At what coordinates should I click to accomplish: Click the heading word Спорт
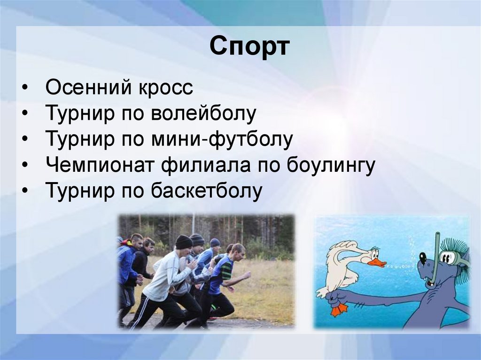coord(249,46)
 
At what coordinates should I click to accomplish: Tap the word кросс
coord(166,88)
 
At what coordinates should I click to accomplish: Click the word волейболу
coord(203,113)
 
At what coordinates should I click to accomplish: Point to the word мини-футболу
coord(222,139)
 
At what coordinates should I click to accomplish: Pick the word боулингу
coord(331,165)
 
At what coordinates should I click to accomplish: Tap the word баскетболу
coord(207,191)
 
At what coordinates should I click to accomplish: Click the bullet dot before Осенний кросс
coord(25,88)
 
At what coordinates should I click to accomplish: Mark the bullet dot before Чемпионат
coord(25,165)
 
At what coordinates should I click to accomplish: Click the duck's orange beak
coord(377,262)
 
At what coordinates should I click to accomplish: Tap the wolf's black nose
coord(423,255)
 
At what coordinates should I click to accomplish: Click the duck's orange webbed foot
coord(339,310)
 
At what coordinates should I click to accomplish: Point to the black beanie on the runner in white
coord(184,242)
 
